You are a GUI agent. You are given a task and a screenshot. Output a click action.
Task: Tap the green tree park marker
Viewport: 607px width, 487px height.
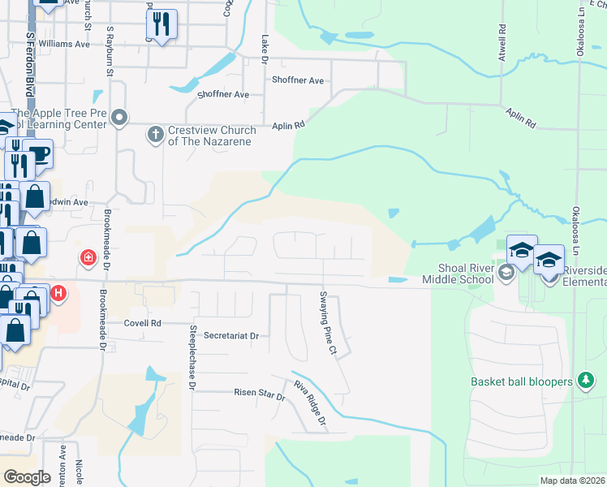point(584,381)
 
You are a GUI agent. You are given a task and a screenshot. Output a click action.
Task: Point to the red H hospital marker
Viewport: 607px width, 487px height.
point(58,294)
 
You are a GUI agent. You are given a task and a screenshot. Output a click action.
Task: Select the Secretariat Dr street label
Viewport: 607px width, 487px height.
point(230,335)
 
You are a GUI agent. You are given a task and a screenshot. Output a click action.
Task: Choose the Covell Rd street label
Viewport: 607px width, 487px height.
point(143,322)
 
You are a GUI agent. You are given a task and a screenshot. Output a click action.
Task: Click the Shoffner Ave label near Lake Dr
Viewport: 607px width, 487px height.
point(298,80)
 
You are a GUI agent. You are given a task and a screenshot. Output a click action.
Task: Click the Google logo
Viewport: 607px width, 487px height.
point(27,477)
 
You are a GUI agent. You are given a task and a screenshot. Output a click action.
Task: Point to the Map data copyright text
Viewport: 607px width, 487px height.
point(572,481)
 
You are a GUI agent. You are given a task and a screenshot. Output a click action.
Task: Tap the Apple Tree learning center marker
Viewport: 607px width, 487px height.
point(120,119)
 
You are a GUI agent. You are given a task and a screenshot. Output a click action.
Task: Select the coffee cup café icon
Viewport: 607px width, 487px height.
point(37,153)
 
